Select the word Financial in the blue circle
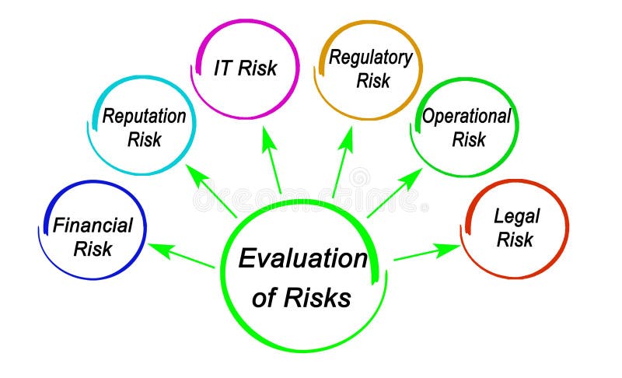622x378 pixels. pyautogui.click(x=93, y=226)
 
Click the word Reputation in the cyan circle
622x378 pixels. pyautogui.click(x=144, y=117)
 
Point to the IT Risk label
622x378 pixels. pyautogui.click(x=245, y=68)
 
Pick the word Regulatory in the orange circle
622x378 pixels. pyautogui.click(x=369, y=57)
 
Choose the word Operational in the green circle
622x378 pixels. pyautogui.click(x=466, y=117)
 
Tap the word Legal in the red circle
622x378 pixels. pyautogui.click(x=516, y=215)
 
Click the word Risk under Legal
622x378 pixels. pyautogui.click(x=515, y=240)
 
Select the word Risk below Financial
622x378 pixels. pyautogui.click(x=93, y=249)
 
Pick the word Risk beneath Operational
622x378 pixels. pyautogui.click(x=468, y=140)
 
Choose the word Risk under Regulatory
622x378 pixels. pyautogui.click(x=372, y=80)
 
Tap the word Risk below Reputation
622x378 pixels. pyautogui.click(x=144, y=140)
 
